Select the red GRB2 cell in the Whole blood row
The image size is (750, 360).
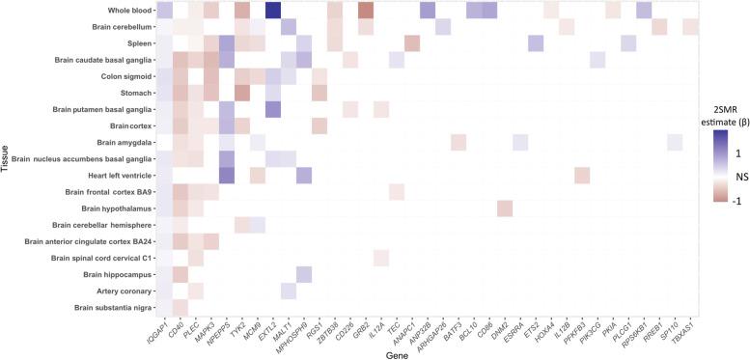(365, 11)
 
